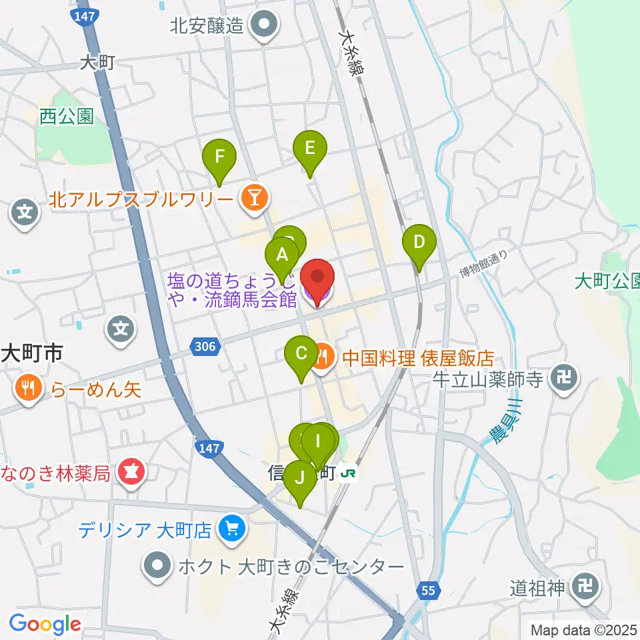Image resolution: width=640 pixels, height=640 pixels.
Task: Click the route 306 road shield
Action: tap(206, 345)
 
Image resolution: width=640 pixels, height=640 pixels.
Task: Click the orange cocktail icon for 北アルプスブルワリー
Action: tap(253, 198)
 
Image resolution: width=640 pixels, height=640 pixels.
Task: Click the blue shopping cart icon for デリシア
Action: tap(232, 530)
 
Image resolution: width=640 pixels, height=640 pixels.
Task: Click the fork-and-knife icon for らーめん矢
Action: tap(27, 389)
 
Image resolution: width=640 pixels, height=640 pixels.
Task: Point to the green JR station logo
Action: tap(349, 474)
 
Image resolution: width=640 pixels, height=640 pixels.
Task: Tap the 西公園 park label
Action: tap(66, 117)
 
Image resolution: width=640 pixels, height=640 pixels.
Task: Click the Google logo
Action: tap(45, 625)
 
